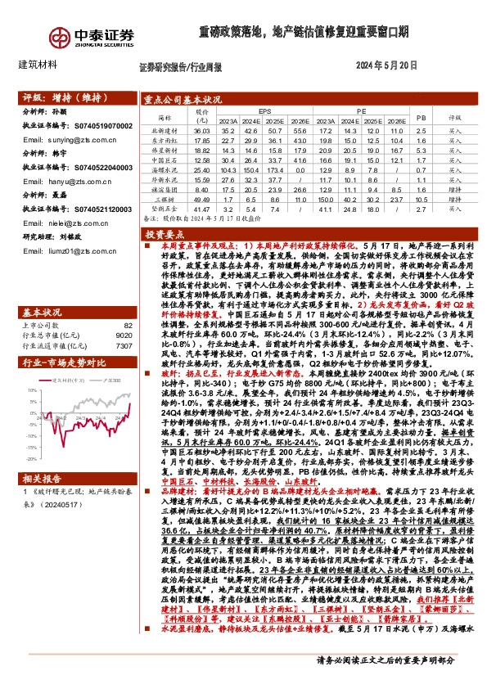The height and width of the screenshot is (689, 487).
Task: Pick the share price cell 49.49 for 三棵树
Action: (x=201, y=199)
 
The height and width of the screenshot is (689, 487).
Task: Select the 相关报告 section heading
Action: (x=38, y=479)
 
